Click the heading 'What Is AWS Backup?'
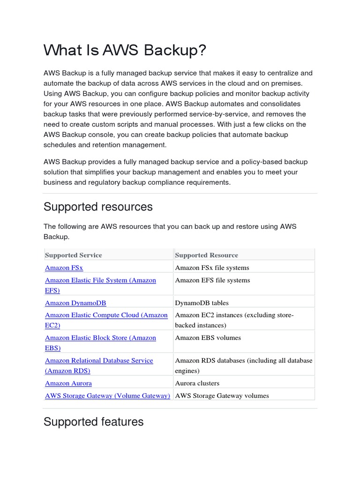[125, 51]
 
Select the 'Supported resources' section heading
[98, 207]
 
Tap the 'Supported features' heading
[93, 422]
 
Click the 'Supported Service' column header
[73, 255]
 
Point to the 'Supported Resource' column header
[206, 255]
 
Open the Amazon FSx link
[64, 268]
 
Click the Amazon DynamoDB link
[79, 303]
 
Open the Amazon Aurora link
[68, 383]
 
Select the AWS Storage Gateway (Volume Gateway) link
[107, 396]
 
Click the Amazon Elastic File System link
[100, 280]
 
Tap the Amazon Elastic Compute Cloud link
[106, 315]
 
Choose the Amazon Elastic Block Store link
[100, 338]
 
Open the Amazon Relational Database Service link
[99, 360]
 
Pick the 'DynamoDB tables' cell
[202, 303]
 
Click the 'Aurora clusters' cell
[197, 383]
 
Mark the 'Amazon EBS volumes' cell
[208, 337]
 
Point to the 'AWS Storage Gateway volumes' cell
[222, 396]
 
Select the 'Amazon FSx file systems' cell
[212, 268]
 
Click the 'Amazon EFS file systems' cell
[212, 280]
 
